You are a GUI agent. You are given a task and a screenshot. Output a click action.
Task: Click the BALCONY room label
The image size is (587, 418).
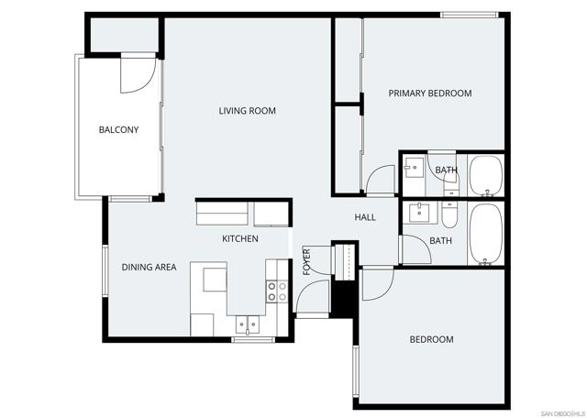point(118,130)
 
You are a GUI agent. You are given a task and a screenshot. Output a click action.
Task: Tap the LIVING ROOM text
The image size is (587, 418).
point(247,111)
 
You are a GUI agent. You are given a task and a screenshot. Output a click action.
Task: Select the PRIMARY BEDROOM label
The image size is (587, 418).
point(429,93)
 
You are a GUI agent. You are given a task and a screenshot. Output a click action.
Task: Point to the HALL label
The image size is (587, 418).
point(365,217)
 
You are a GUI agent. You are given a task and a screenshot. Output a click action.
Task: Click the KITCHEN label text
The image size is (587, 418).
point(239,239)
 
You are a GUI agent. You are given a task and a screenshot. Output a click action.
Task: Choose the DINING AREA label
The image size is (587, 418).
point(149,268)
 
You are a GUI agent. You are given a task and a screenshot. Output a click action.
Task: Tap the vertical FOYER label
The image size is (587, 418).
point(306,261)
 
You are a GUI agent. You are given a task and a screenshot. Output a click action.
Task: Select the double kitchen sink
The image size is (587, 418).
point(247,323)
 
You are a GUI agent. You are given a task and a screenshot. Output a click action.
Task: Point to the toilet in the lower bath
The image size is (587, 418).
point(449,215)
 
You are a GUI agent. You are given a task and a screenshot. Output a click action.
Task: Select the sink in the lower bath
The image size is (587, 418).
point(421,214)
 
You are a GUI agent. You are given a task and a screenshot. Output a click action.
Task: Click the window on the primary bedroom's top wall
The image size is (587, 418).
point(469,15)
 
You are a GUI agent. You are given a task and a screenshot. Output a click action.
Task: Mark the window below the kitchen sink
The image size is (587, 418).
point(253,340)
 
